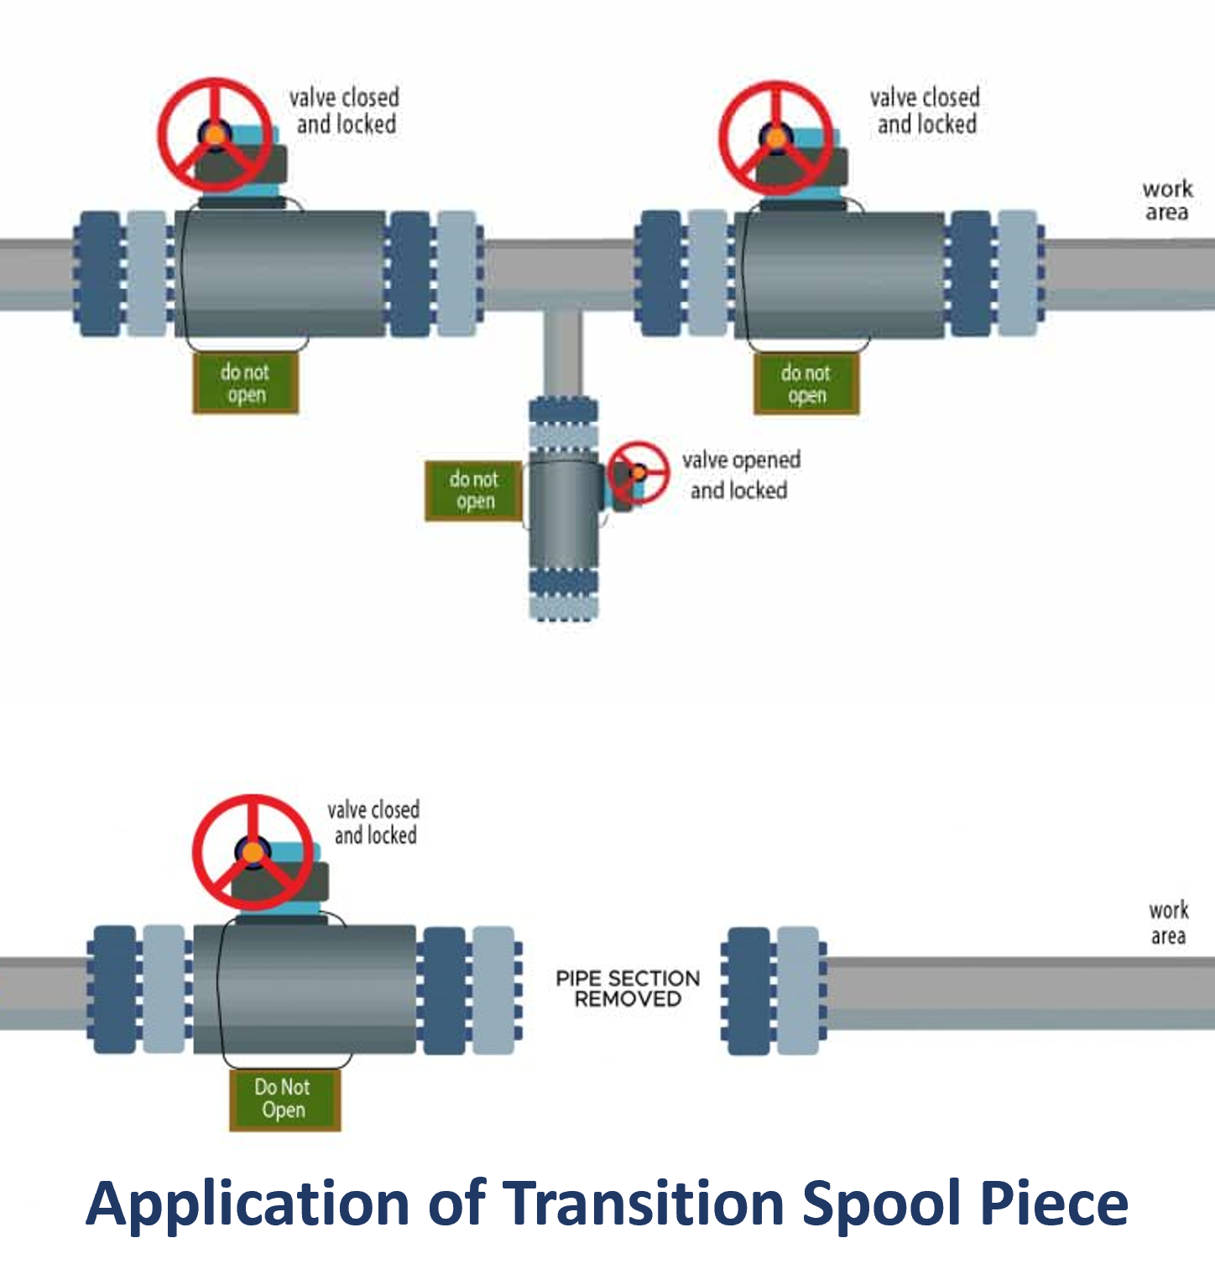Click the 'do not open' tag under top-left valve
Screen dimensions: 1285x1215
click(245, 384)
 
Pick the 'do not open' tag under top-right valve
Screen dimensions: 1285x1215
click(806, 384)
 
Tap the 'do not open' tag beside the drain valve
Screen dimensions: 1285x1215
click(474, 490)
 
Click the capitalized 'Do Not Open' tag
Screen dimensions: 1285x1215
click(284, 1099)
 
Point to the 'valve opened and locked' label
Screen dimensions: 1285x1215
click(740, 475)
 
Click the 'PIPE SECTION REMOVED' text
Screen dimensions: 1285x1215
click(628, 989)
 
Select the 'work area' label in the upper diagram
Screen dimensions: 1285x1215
click(1167, 200)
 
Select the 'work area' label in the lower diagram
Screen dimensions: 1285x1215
click(1168, 922)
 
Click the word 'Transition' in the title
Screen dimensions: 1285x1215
click(643, 1203)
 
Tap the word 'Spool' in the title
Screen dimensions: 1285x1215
click(880, 1203)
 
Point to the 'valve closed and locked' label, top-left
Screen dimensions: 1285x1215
click(344, 111)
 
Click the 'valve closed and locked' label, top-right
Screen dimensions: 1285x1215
click(925, 111)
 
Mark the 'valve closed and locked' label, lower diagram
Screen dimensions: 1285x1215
click(374, 823)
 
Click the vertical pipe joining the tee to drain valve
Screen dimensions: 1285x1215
click(562, 353)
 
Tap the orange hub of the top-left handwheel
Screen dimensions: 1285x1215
click(215, 134)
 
